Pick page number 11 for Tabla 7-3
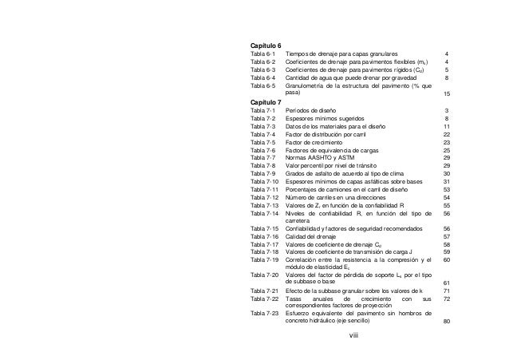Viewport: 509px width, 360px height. click(x=447, y=126)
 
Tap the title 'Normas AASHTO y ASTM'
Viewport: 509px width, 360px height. click(x=320, y=158)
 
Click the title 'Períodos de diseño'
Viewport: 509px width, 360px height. click(x=311, y=110)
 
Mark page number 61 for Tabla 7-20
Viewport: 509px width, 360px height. click(x=447, y=283)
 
